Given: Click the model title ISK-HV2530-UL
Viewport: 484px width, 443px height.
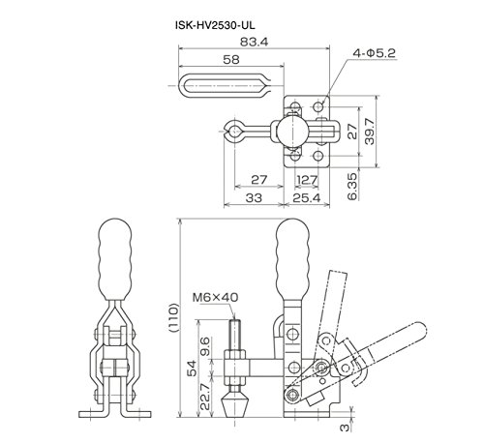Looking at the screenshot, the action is (x=215, y=25).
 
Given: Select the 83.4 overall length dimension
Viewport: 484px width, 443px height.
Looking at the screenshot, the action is (x=254, y=42).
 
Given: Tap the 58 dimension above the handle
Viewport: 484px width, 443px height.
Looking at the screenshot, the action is (x=231, y=59).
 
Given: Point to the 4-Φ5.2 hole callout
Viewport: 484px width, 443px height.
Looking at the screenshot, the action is (x=374, y=53).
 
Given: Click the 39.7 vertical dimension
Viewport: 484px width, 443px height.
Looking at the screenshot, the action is (x=370, y=132).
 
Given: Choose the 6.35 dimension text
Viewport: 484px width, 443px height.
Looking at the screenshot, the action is (x=352, y=187).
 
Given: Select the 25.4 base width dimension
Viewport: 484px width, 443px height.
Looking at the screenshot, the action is (x=307, y=198).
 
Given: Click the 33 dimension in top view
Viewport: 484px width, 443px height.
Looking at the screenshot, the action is (x=254, y=198).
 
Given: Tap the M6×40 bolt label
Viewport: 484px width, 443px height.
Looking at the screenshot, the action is (x=215, y=297).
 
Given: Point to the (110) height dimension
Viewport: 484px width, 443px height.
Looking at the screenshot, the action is (x=173, y=317).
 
